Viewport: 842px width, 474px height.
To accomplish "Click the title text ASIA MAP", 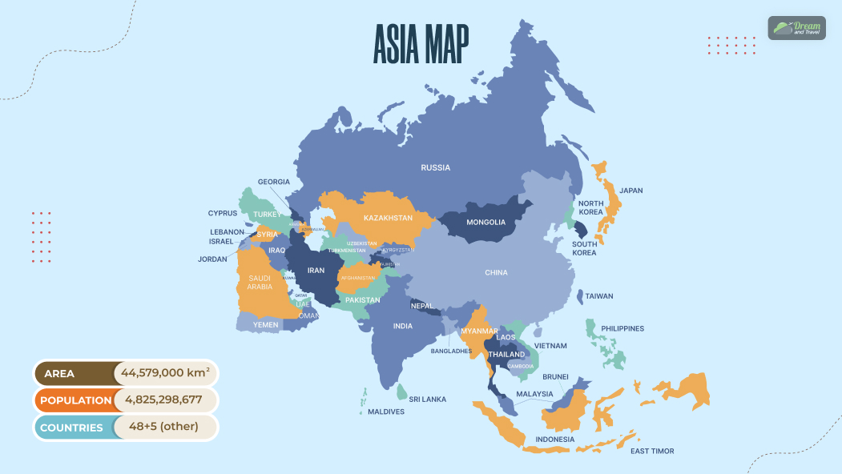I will click(x=421, y=44).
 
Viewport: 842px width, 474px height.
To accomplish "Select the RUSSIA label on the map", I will click(x=436, y=167).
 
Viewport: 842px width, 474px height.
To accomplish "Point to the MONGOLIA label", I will click(x=485, y=222).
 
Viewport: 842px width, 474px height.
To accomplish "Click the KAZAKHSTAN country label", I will click(x=388, y=218).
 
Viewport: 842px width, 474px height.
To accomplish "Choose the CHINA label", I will click(x=496, y=273).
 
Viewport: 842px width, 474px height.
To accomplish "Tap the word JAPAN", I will click(x=630, y=191).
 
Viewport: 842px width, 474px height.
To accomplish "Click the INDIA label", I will click(x=403, y=327).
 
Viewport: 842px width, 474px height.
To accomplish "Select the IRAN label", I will click(x=316, y=271).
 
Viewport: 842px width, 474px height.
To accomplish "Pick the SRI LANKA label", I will click(x=428, y=399).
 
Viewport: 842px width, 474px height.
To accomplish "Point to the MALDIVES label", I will click(x=386, y=412).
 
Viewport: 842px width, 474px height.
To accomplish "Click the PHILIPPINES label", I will click(x=622, y=328).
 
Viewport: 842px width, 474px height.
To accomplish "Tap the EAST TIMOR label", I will click(x=652, y=451).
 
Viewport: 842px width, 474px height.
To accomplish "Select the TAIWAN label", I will click(x=598, y=296).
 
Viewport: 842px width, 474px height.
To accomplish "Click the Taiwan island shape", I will click(x=580, y=297).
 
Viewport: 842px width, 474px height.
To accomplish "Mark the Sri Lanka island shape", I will click(x=401, y=392).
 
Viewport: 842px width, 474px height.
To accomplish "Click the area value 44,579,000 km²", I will click(x=165, y=373).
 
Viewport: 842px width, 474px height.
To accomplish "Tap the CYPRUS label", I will click(x=223, y=214).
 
